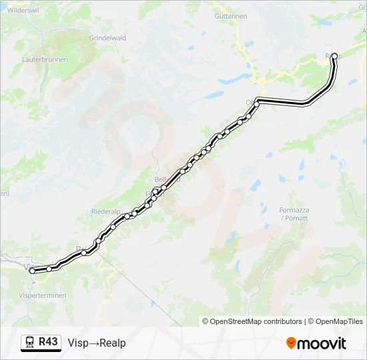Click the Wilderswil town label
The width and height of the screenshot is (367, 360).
(x=22, y=11)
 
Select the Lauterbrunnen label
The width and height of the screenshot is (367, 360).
(x=42, y=59)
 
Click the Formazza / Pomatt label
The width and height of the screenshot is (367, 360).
(x=294, y=214)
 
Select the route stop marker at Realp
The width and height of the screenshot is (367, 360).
(x=334, y=57)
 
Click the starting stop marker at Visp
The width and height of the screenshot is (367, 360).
(x=32, y=271)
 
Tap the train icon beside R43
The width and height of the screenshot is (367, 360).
(x=30, y=343)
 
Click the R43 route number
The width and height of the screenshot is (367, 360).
(x=49, y=342)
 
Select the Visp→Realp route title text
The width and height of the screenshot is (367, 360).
(x=97, y=343)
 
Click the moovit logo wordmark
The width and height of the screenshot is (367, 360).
(x=322, y=343)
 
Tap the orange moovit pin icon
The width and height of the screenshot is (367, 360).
(x=291, y=343)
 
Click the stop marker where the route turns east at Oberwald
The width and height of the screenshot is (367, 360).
(x=257, y=103)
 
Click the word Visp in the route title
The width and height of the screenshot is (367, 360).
(x=78, y=343)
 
